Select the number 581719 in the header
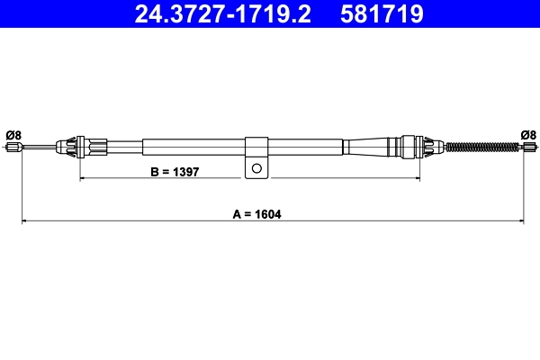coord(381,13)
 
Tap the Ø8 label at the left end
coord(13,135)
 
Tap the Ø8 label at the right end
coord(528,135)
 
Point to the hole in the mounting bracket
coord(256,167)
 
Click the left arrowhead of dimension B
coord(84,179)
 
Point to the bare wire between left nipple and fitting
coord(38,148)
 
